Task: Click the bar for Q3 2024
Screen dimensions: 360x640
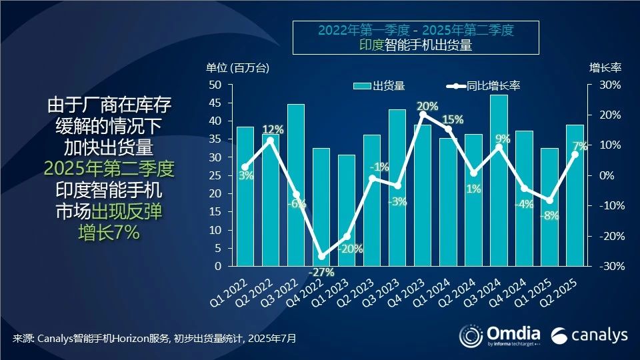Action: [x=499, y=180]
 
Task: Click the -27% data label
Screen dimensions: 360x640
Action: [x=321, y=272]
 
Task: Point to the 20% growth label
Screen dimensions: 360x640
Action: [x=427, y=106]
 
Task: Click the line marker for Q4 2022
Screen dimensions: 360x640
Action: [x=321, y=257]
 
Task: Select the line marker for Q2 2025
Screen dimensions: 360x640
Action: [x=575, y=154]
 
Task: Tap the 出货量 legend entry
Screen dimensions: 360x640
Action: [x=379, y=85]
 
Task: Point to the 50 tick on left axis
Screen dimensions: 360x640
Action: [x=215, y=85]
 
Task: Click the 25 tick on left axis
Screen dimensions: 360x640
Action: [x=215, y=176]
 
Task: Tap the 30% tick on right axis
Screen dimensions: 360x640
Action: [x=609, y=85]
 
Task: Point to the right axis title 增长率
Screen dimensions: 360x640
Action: [x=605, y=67]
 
